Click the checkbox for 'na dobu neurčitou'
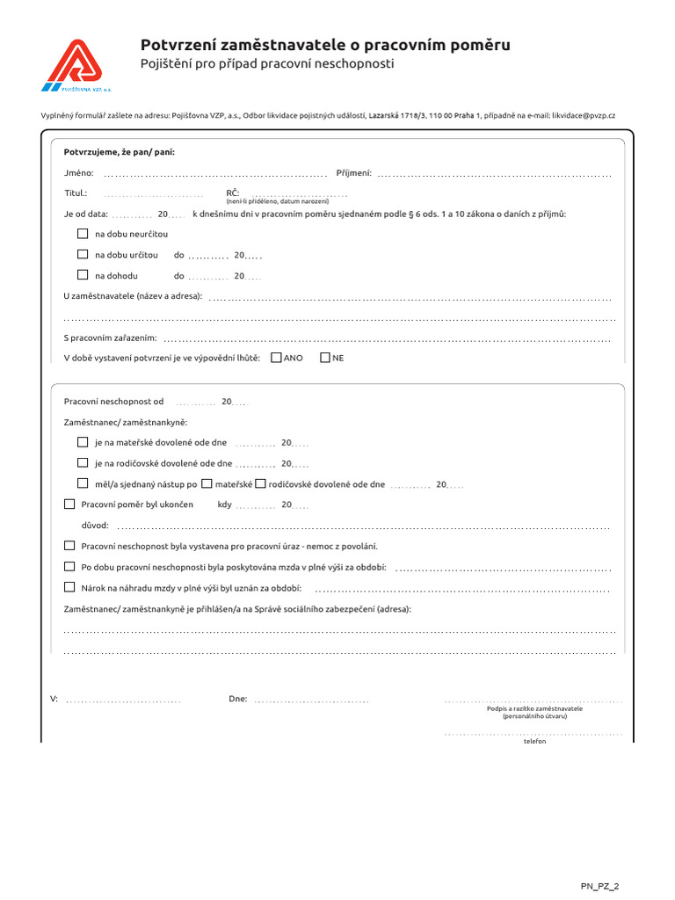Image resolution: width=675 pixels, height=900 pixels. pyautogui.click(x=83, y=234)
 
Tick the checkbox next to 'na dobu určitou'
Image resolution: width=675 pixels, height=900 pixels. pyautogui.click(x=83, y=254)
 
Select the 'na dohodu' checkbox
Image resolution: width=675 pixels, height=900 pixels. pyautogui.click(x=83, y=275)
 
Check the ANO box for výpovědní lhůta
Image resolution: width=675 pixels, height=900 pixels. pyautogui.click(x=277, y=358)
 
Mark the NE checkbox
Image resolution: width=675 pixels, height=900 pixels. pyautogui.click(x=325, y=358)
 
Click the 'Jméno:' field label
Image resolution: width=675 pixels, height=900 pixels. pyautogui.click(x=78, y=173)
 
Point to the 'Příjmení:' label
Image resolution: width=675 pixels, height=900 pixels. pyautogui.click(x=354, y=173)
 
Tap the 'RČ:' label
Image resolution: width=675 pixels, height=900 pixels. pyautogui.click(x=233, y=192)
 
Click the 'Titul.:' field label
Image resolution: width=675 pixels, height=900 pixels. pyautogui.click(x=76, y=192)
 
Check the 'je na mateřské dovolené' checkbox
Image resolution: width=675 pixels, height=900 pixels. pyautogui.click(x=83, y=442)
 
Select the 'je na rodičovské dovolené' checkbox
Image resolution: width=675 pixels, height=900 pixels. pyautogui.click(x=83, y=462)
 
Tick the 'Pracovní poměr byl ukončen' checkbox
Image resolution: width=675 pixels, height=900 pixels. pyautogui.click(x=70, y=504)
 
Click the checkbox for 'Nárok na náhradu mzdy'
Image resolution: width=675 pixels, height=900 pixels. pyautogui.click(x=70, y=587)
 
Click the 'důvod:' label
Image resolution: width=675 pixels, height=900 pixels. pyautogui.click(x=95, y=525)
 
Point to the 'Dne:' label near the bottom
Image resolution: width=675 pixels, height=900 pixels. pyautogui.click(x=237, y=699)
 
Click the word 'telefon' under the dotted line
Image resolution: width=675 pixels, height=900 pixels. pyautogui.click(x=534, y=741)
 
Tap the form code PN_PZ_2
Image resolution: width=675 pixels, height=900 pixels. pyautogui.click(x=605, y=887)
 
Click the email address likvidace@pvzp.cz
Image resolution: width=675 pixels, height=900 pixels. pyautogui.click(x=584, y=115)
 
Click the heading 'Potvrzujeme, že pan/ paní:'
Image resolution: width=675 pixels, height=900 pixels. pyautogui.click(x=119, y=152)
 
